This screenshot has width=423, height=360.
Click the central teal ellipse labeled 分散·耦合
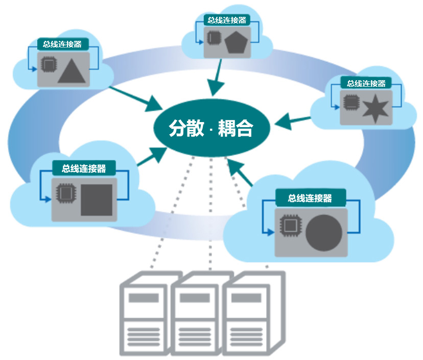click(211, 129)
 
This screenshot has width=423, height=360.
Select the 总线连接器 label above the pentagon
click(227, 20)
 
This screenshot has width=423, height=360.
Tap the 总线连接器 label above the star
click(365, 83)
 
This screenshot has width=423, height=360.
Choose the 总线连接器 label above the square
click(83, 168)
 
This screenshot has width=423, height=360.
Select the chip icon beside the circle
click(290, 225)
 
